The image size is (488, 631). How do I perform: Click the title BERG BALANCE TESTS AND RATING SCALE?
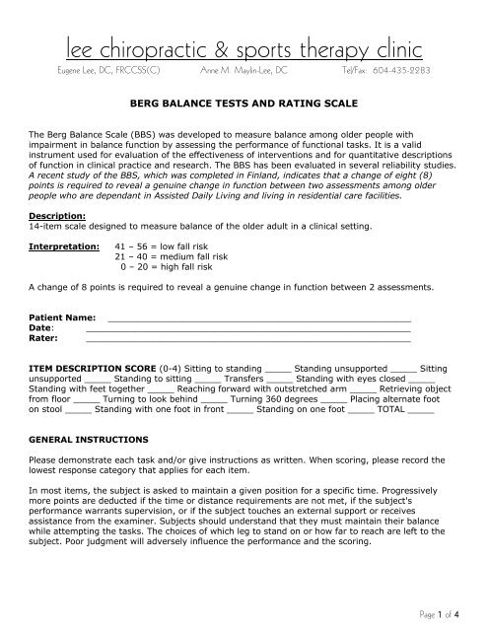pyautogui.click(x=244, y=101)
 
